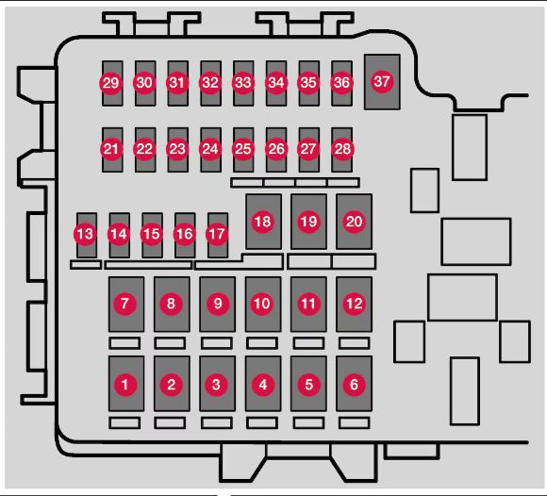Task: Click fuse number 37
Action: coord(382,82)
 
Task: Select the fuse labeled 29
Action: coord(112,83)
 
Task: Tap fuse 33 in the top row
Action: coord(243,83)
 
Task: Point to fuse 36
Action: coord(341,83)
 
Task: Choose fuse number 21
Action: coord(112,150)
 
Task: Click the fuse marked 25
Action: coord(243,150)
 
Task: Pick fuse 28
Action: coord(341,150)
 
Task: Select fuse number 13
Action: coord(87,235)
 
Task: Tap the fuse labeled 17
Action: coord(218,235)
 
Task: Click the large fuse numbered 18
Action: coord(263,222)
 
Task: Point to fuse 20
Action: coord(354,222)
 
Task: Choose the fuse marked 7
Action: coord(126,305)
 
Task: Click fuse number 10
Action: coord(263,305)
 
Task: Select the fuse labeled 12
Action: coord(354,305)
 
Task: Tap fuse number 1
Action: coord(126,384)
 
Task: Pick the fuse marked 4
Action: coord(263,384)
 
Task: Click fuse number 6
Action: coord(354,384)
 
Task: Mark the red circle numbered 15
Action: coord(152,234)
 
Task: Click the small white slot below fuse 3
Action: coord(217,422)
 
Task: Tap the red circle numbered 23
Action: coord(177,149)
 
